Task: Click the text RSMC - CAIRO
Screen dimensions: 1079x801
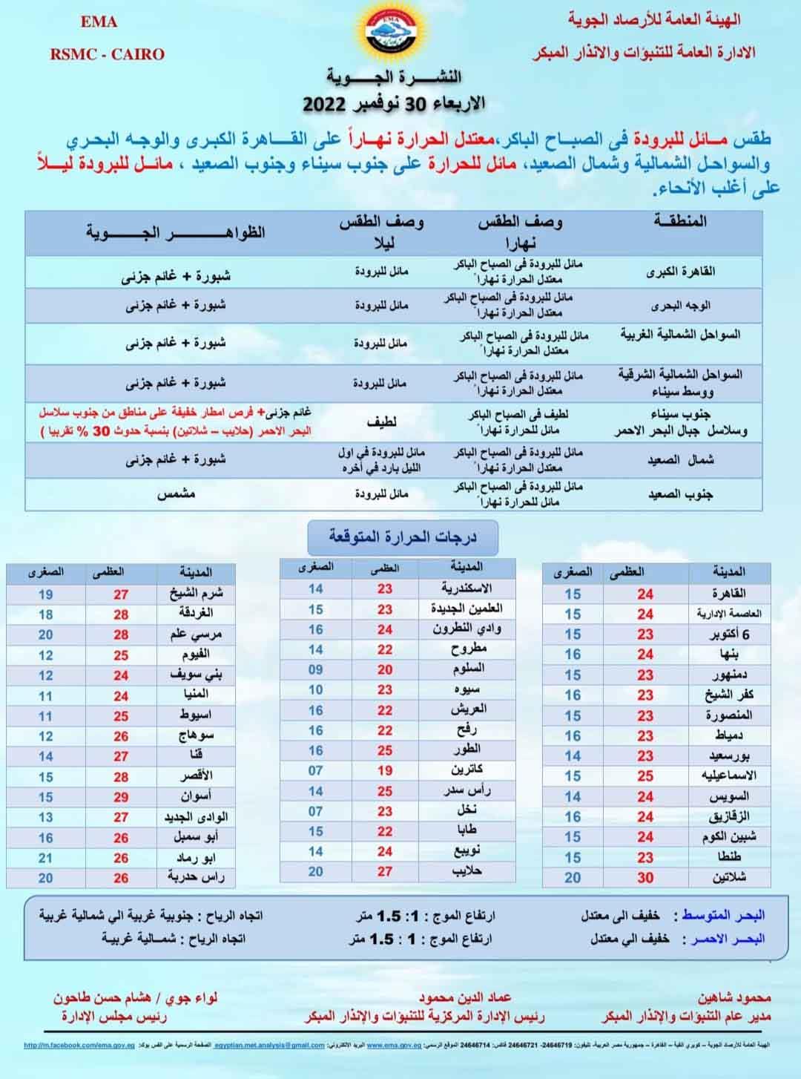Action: point(108,54)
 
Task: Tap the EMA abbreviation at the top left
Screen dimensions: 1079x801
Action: point(99,22)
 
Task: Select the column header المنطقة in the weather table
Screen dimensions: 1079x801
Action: point(679,221)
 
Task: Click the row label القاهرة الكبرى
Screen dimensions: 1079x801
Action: point(681,272)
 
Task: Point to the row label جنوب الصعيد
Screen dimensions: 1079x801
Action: point(681,494)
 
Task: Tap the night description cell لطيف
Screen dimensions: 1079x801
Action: point(381,422)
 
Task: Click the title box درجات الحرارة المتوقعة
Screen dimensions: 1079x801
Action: point(403,537)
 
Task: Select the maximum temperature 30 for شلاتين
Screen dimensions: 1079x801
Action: point(645,877)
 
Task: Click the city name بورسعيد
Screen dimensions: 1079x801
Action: point(729,756)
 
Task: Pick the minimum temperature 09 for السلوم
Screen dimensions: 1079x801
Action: point(316,669)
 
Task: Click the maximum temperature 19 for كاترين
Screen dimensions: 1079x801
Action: point(384,771)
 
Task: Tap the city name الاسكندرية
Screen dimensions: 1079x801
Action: point(467,588)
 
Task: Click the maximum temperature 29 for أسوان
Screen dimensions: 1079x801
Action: point(121,797)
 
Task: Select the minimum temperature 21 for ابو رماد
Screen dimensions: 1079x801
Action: point(46,858)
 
